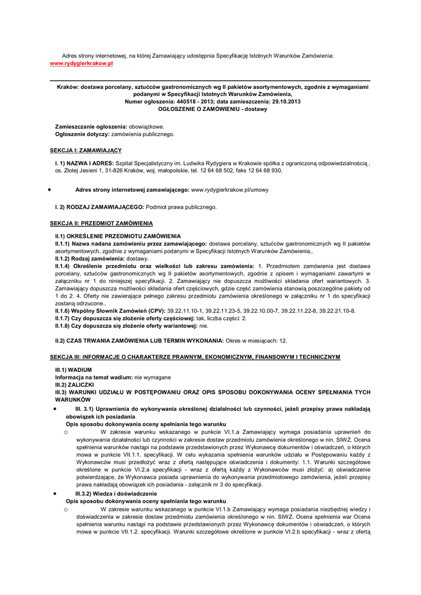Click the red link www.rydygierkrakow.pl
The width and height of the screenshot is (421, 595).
[x=81, y=63]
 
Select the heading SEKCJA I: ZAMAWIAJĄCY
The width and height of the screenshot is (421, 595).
[x=86, y=150]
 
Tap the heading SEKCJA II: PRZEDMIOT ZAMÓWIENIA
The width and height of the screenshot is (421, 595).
[x=101, y=223]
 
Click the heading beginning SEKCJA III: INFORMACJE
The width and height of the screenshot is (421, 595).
[x=195, y=356]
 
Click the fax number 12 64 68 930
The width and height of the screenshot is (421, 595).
[x=265, y=171]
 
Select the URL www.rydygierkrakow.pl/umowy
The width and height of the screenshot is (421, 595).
[x=229, y=189]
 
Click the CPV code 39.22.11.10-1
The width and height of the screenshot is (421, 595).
[x=186, y=311]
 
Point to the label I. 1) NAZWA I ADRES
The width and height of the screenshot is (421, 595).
[x=84, y=163]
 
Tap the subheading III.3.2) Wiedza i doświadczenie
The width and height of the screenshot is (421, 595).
[x=120, y=493]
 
